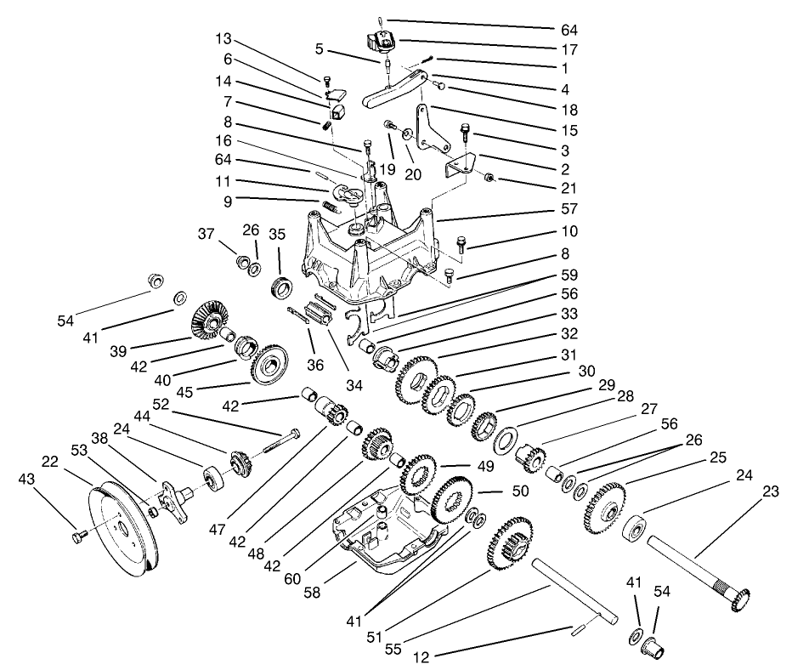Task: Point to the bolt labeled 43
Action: point(79,537)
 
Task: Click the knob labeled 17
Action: point(380,39)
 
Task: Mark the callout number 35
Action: point(277,234)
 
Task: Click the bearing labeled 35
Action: point(281,285)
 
